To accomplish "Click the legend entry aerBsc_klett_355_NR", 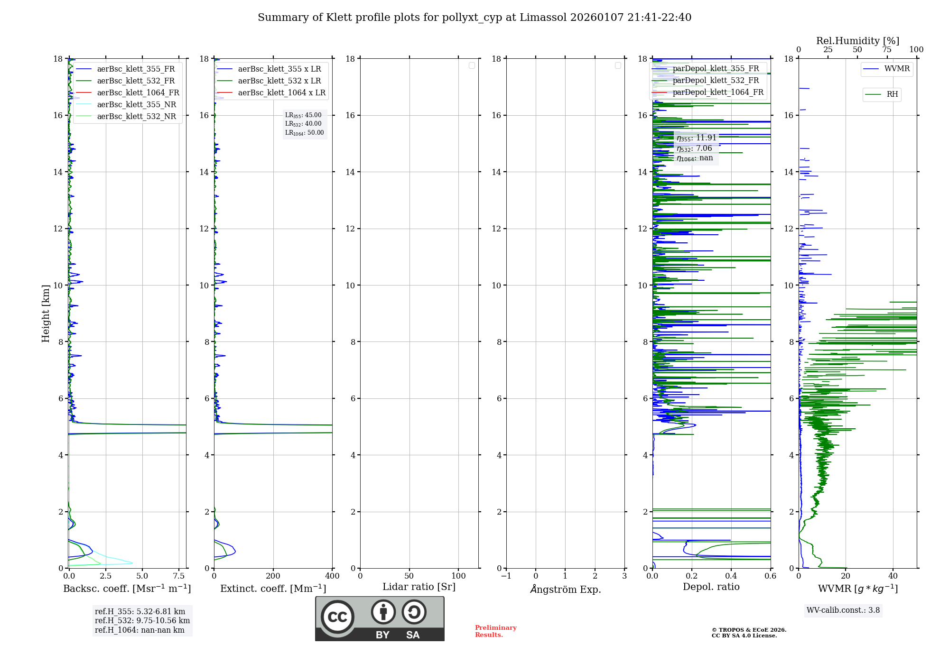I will (136, 105).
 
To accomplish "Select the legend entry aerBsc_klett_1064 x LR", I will (281, 93).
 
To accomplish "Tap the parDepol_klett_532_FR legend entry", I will (716, 81).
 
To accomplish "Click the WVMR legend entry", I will (897, 69).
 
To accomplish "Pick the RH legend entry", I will (892, 94).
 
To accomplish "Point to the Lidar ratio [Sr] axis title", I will (419, 587).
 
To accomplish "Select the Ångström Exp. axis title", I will (565, 589).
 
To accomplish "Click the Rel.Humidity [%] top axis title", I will (857, 41).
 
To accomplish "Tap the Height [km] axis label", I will (46, 313).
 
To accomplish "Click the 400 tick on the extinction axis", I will (332, 576).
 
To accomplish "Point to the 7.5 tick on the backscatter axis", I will (179, 576).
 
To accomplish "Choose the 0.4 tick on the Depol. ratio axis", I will (731, 576).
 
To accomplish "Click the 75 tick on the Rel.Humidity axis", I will (886, 50).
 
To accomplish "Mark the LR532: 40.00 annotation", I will (303, 124).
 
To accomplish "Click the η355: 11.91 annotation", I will (696, 138).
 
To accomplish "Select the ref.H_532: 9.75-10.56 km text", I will (142, 621).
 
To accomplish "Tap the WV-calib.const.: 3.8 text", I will (843, 610).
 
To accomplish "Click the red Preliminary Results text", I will (495, 631).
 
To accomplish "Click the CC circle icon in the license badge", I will (337, 617).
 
